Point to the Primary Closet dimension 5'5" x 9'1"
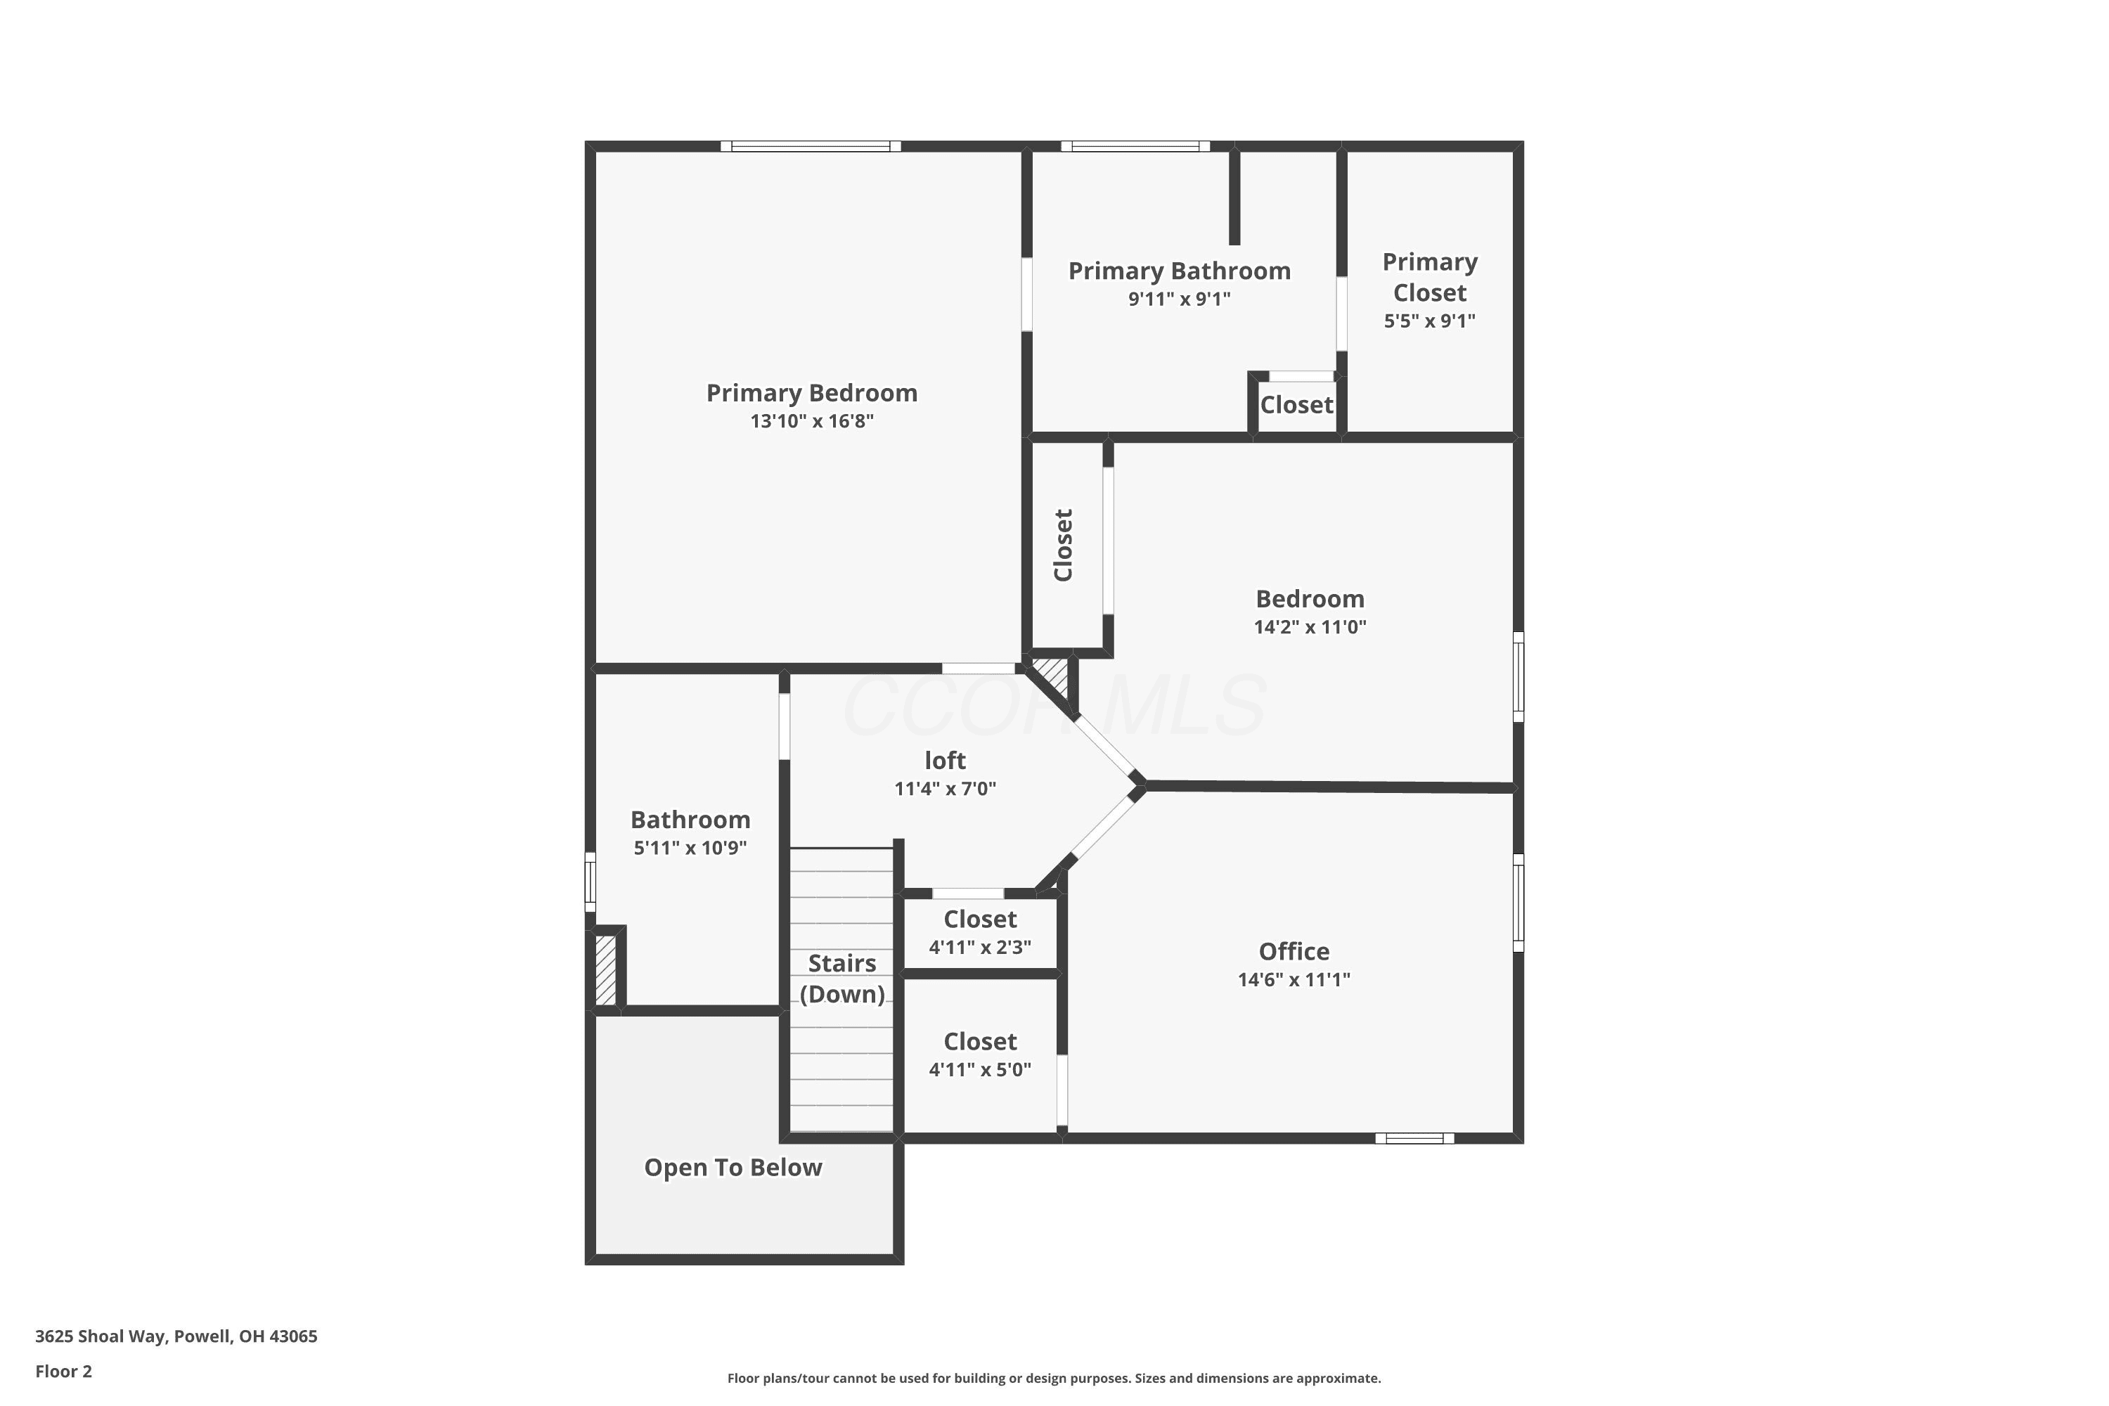1429,321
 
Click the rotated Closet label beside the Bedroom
1064,546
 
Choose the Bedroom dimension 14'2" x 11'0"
1310,627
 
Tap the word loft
945,761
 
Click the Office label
1294,951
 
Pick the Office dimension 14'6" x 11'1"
1294,979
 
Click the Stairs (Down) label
842,979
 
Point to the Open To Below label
733,1168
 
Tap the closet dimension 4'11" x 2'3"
980,947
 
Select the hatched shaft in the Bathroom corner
606,970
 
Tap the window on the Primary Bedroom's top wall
811,146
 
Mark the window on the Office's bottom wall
1415,1138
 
